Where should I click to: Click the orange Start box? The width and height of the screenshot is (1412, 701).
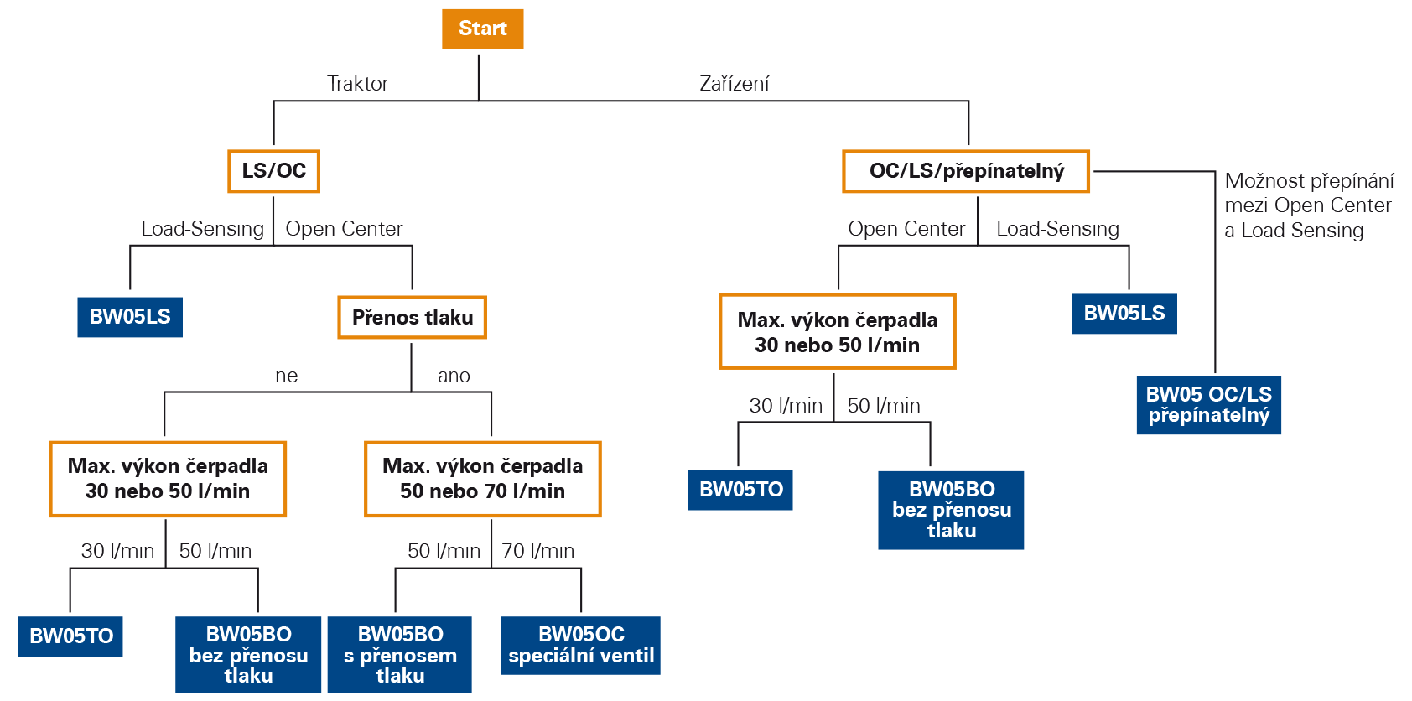tap(482, 29)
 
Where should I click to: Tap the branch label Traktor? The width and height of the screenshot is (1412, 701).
tap(358, 83)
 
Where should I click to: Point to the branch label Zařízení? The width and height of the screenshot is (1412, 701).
tap(734, 83)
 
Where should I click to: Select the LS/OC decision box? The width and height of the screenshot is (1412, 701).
tap(273, 171)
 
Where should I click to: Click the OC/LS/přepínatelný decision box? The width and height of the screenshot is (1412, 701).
tap(966, 171)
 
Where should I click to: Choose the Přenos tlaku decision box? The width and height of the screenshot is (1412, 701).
tap(412, 318)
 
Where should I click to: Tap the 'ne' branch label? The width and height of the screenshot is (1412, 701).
tap(286, 376)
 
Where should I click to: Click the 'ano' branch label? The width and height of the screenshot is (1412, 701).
tap(454, 376)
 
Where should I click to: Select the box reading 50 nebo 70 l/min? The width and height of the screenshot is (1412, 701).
tap(482, 479)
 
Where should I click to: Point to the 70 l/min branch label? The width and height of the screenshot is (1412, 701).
tap(538, 551)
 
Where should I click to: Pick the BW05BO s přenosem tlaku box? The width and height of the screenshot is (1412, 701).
tap(400, 654)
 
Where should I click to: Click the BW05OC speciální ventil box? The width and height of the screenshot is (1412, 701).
tap(581, 645)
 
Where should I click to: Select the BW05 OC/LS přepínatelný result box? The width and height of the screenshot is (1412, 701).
tap(1208, 405)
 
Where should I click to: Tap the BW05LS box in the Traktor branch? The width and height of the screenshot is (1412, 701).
tap(130, 317)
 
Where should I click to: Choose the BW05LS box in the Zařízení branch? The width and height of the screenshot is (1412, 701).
tap(1124, 314)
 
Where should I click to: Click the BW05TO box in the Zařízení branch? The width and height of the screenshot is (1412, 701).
tap(740, 490)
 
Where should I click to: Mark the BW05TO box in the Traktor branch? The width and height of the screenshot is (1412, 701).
tap(70, 636)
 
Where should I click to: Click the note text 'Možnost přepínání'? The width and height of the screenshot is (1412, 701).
tap(1309, 181)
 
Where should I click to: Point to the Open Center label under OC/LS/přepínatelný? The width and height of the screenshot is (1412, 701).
tap(906, 229)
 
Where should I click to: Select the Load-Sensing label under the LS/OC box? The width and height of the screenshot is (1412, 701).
tap(202, 229)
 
